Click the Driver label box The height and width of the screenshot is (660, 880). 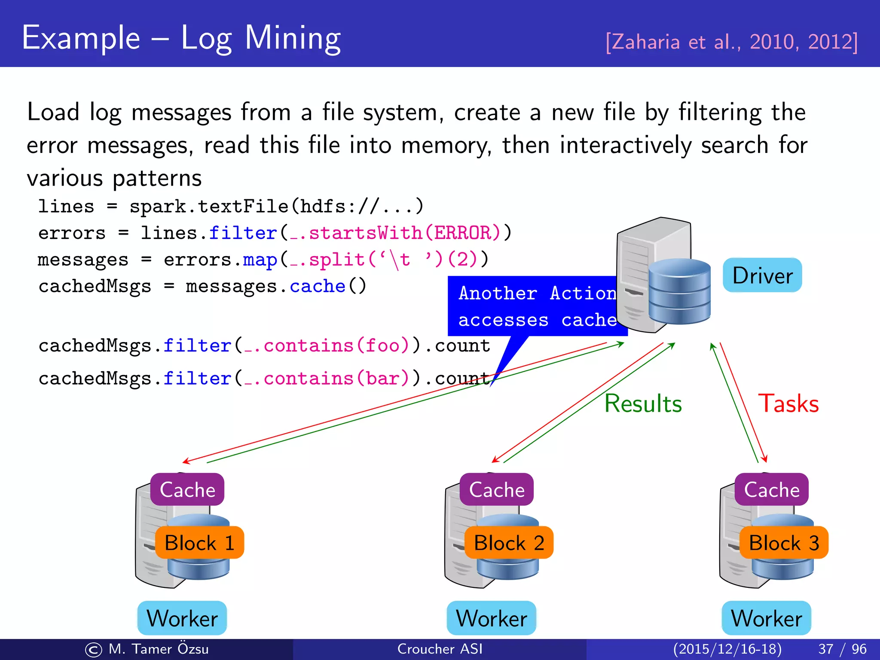coord(762,275)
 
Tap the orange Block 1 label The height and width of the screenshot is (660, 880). coord(199,543)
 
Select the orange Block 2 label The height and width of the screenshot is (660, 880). coord(509,543)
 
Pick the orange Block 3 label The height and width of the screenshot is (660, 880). coord(784,543)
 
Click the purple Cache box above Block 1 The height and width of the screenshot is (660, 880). coord(187,489)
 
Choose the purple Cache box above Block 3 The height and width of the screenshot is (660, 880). coord(772,489)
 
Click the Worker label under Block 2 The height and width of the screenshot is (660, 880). coord(492,618)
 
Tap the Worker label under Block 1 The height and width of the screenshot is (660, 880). coord(182,618)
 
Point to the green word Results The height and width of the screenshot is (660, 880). coord(643,403)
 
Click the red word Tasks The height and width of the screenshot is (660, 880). coord(788,403)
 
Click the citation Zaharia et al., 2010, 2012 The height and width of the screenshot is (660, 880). coord(731,42)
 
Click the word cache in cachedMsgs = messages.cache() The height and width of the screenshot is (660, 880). coord(318,286)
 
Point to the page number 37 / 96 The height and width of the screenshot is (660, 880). coord(842,649)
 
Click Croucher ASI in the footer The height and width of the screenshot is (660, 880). coord(440,649)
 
